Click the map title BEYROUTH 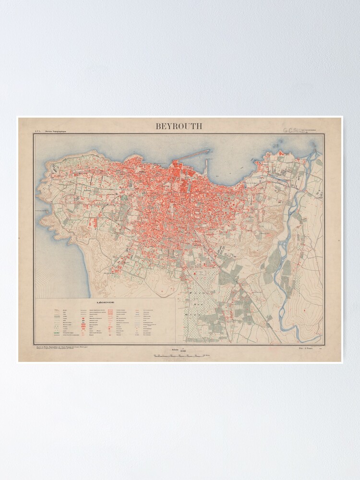point(179,126)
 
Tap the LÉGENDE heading point(105,303)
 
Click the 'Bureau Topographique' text point(56,131)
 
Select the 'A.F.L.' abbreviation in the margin point(36,131)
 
